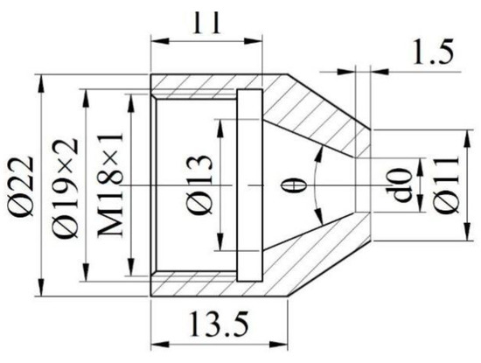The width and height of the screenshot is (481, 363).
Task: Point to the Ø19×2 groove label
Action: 66,186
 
